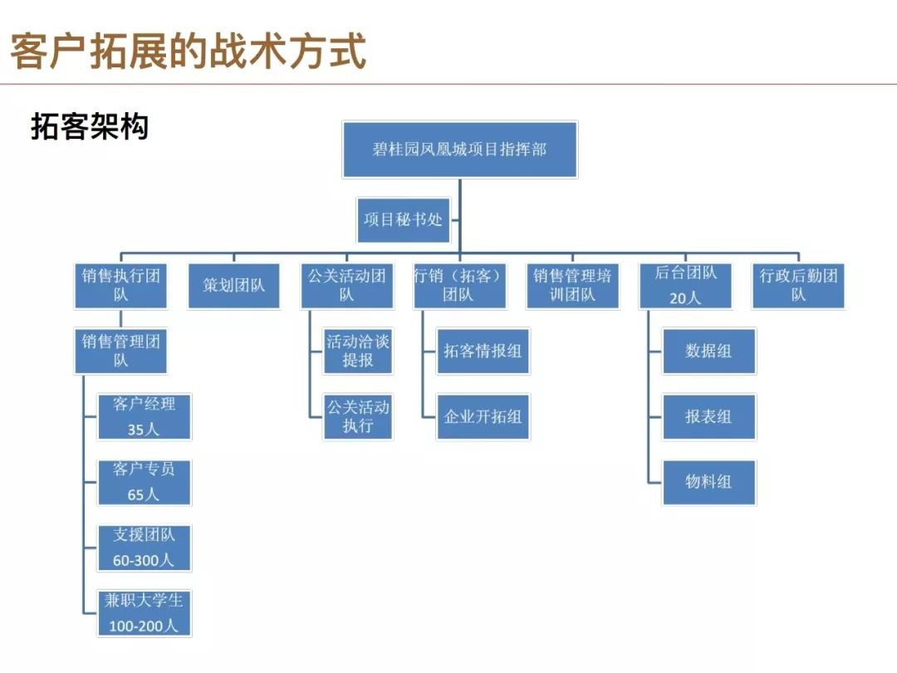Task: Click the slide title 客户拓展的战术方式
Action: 189,52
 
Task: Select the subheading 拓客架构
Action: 90,126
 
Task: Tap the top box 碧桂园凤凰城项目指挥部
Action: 460,150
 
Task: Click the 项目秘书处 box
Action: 404,219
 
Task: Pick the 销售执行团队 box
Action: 120,286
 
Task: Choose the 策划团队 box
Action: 234,286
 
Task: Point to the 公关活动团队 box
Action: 346,286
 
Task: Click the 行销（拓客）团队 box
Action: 459,286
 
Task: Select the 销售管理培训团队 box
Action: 572,286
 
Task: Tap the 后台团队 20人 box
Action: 685,286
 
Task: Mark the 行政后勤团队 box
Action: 798,286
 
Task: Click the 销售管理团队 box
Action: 120,351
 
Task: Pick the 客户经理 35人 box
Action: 145,416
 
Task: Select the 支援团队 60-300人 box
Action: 145,548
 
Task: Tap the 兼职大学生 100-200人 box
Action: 145,613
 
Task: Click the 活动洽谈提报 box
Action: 358,351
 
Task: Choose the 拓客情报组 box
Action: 483,351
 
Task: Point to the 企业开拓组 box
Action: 483,416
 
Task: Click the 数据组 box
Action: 708,351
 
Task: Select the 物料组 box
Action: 708,482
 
